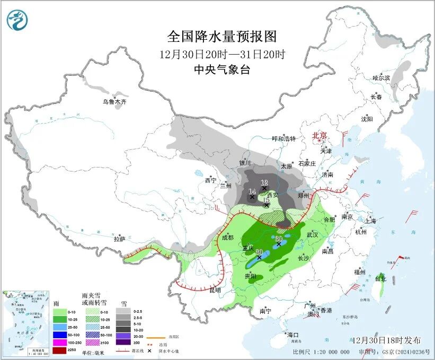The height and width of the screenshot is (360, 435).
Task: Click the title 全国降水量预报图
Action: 222,37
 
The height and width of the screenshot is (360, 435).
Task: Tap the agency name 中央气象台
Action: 222,69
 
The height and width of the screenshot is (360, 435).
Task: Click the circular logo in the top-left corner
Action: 17,20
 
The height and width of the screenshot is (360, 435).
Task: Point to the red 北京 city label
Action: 321,135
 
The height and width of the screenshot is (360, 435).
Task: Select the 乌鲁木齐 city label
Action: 116,101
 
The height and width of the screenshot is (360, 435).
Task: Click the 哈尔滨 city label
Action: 380,78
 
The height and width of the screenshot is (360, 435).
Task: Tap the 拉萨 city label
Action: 120,239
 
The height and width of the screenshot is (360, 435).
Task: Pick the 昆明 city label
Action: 216,291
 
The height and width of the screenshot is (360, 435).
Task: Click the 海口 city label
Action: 293,335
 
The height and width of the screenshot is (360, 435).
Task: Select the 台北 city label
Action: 381,278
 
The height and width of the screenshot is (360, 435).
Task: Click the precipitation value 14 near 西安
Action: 252,191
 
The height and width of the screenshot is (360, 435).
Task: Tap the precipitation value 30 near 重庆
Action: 259,252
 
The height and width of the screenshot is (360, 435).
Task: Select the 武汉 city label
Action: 313,234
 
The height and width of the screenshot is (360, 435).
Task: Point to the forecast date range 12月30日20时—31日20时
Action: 222,54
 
